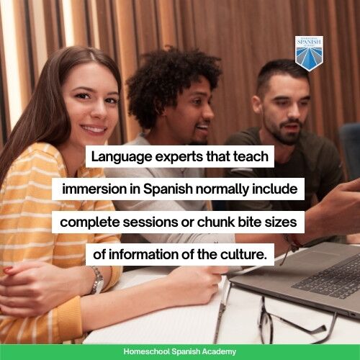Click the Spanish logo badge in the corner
[309, 53]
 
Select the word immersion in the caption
[92, 189]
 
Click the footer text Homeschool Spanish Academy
[180, 351]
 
